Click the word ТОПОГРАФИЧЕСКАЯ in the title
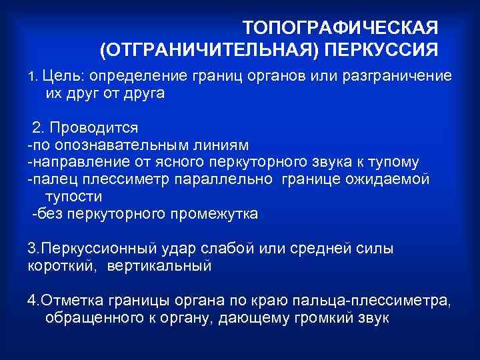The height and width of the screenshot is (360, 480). [340, 29]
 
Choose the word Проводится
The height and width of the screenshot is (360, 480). [94, 127]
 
